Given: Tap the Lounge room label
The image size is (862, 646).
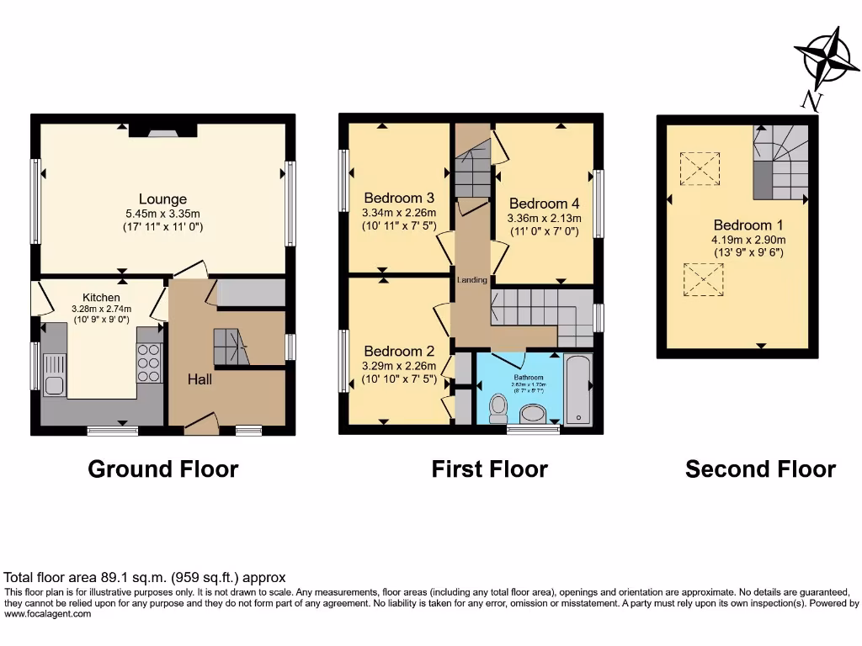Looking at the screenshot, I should click(x=162, y=199).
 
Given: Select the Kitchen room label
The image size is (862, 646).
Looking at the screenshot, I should click(x=101, y=297).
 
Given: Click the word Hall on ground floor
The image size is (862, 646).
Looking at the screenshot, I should click(x=200, y=379).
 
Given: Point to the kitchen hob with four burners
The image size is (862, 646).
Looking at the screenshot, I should click(x=149, y=364).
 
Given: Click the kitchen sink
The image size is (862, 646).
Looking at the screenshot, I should click(x=54, y=375).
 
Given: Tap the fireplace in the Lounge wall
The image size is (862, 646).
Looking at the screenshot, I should click(x=162, y=130).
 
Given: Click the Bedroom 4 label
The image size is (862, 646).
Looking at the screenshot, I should click(x=544, y=204).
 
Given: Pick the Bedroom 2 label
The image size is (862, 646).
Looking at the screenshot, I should click(x=399, y=351).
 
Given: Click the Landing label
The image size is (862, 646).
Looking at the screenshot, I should click(x=472, y=279).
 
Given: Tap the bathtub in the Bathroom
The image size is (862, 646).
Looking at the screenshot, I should click(x=578, y=390).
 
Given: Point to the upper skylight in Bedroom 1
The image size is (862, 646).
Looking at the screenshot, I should click(x=700, y=168).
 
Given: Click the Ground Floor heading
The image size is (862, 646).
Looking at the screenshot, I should click(x=162, y=469).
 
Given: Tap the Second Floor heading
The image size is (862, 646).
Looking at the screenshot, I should click(x=760, y=469).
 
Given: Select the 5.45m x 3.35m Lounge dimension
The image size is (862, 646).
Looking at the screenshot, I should click(x=162, y=214).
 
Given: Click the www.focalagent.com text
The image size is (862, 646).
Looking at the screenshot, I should click(x=47, y=614).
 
